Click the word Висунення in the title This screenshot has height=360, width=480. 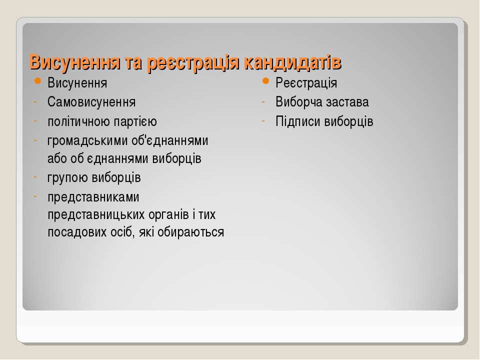coord(75,62)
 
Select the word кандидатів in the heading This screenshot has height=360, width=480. coord(292,63)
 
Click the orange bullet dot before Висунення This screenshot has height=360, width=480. coord(37,81)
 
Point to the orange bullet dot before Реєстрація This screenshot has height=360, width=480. coord(265,81)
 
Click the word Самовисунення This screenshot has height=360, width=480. coord(91,102)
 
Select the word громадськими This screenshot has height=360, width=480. coord(87,141)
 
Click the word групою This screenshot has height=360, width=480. coord(67,178)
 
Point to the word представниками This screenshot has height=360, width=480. coord(93,197)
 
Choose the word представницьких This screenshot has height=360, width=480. coord(96,215)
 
